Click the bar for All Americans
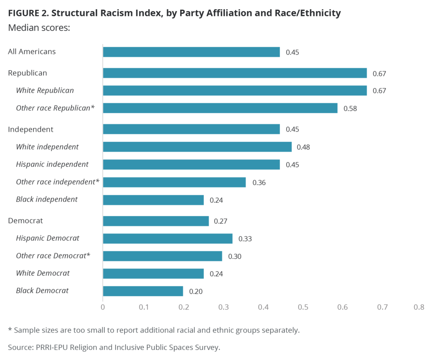(x=191, y=52)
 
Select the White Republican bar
(x=235, y=91)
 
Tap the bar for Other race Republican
(x=220, y=108)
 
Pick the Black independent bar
(x=153, y=200)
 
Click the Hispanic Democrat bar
(x=167, y=239)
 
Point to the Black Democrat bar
(x=143, y=291)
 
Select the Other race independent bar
(x=174, y=182)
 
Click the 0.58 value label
(x=350, y=108)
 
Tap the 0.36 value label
(x=259, y=182)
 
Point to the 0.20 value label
(x=196, y=291)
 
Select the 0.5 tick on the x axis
(x=303, y=308)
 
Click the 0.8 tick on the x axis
(x=419, y=308)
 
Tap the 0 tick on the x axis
(x=103, y=308)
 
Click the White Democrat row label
(x=43, y=273)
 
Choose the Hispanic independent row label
(x=52, y=164)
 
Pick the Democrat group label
(x=25, y=220)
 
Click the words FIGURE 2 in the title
(x=26, y=13)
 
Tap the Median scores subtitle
(x=39, y=28)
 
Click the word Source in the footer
(x=19, y=347)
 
